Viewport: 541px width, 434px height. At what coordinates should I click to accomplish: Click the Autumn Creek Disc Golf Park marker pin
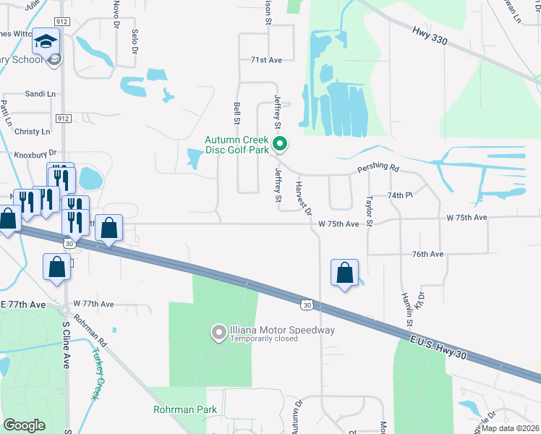coord(280,145)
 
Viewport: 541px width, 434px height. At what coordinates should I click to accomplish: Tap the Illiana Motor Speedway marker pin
coord(218,332)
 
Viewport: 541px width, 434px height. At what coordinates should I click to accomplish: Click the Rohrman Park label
coord(185,409)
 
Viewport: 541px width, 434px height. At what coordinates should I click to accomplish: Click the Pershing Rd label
coord(378,169)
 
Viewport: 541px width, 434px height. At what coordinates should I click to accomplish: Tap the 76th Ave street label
coord(427,255)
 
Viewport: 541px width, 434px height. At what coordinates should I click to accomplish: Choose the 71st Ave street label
coord(265,60)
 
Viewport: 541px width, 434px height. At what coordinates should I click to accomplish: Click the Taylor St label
coord(370,210)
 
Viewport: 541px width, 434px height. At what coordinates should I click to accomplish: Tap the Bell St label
coord(237,112)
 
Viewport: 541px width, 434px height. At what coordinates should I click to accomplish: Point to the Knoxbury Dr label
coord(35,153)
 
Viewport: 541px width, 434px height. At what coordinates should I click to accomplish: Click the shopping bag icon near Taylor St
coord(345,273)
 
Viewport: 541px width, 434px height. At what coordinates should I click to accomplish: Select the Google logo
coord(24,425)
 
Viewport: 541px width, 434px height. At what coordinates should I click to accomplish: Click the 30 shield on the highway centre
coord(307,305)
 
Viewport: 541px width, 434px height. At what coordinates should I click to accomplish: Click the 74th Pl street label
coord(399,196)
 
